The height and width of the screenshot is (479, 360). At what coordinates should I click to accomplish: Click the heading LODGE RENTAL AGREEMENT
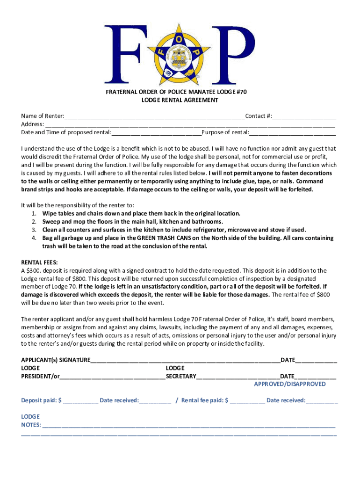click(x=180, y=100)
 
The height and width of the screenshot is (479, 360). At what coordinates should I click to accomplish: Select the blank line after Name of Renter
click(x=154, y=116)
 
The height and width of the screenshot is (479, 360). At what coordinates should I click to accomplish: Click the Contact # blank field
click(x=304, y=116)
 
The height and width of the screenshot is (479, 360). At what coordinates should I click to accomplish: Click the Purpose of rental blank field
click(x=292, y=132)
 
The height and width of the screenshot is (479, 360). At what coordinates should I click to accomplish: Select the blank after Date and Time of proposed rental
click(x=156, y=132)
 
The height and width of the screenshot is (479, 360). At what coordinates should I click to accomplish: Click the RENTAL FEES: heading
click(x=39, y=262)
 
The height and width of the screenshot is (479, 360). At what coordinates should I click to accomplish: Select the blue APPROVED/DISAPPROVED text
click(x=290, y=384)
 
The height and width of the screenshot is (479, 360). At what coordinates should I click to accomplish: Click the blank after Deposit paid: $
click(x=80, y=400)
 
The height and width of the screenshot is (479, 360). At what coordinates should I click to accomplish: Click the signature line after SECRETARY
click(x=238, y=376)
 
